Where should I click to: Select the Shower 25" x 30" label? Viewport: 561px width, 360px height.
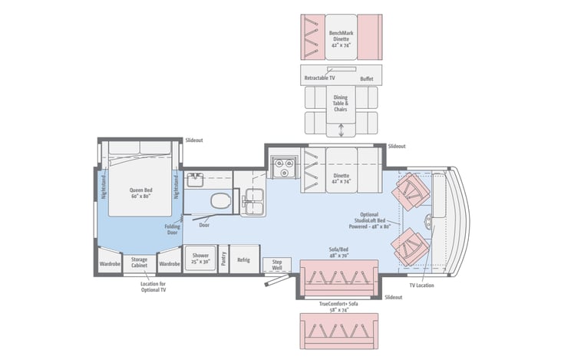click(200, 259)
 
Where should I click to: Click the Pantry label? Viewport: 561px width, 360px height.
click(223, 259)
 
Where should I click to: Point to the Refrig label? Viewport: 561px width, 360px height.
click(243, 259)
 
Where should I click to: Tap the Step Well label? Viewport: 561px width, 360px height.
click(277, 265)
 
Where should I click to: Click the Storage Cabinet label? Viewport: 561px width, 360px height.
click(139, 263)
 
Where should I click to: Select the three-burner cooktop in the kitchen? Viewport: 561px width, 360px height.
click(284, 167)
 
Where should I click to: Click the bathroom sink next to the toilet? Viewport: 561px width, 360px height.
click(194, 180)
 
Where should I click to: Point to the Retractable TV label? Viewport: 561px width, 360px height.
click(319, 78)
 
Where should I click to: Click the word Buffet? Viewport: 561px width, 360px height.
click(367, 79)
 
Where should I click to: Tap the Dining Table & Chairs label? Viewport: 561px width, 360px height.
click(341, 104)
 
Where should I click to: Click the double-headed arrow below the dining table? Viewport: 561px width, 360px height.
click(341, 130)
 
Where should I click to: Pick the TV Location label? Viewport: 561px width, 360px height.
click(421, 286)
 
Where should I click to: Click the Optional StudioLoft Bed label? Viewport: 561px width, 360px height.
click(369, 221)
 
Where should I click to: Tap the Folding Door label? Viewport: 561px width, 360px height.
click(173, 230)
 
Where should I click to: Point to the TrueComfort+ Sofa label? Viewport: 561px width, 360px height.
click(338, 307)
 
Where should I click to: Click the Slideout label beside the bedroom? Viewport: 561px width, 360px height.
click(194, 140)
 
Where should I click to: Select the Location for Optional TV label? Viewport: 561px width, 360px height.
click(153, 287)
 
